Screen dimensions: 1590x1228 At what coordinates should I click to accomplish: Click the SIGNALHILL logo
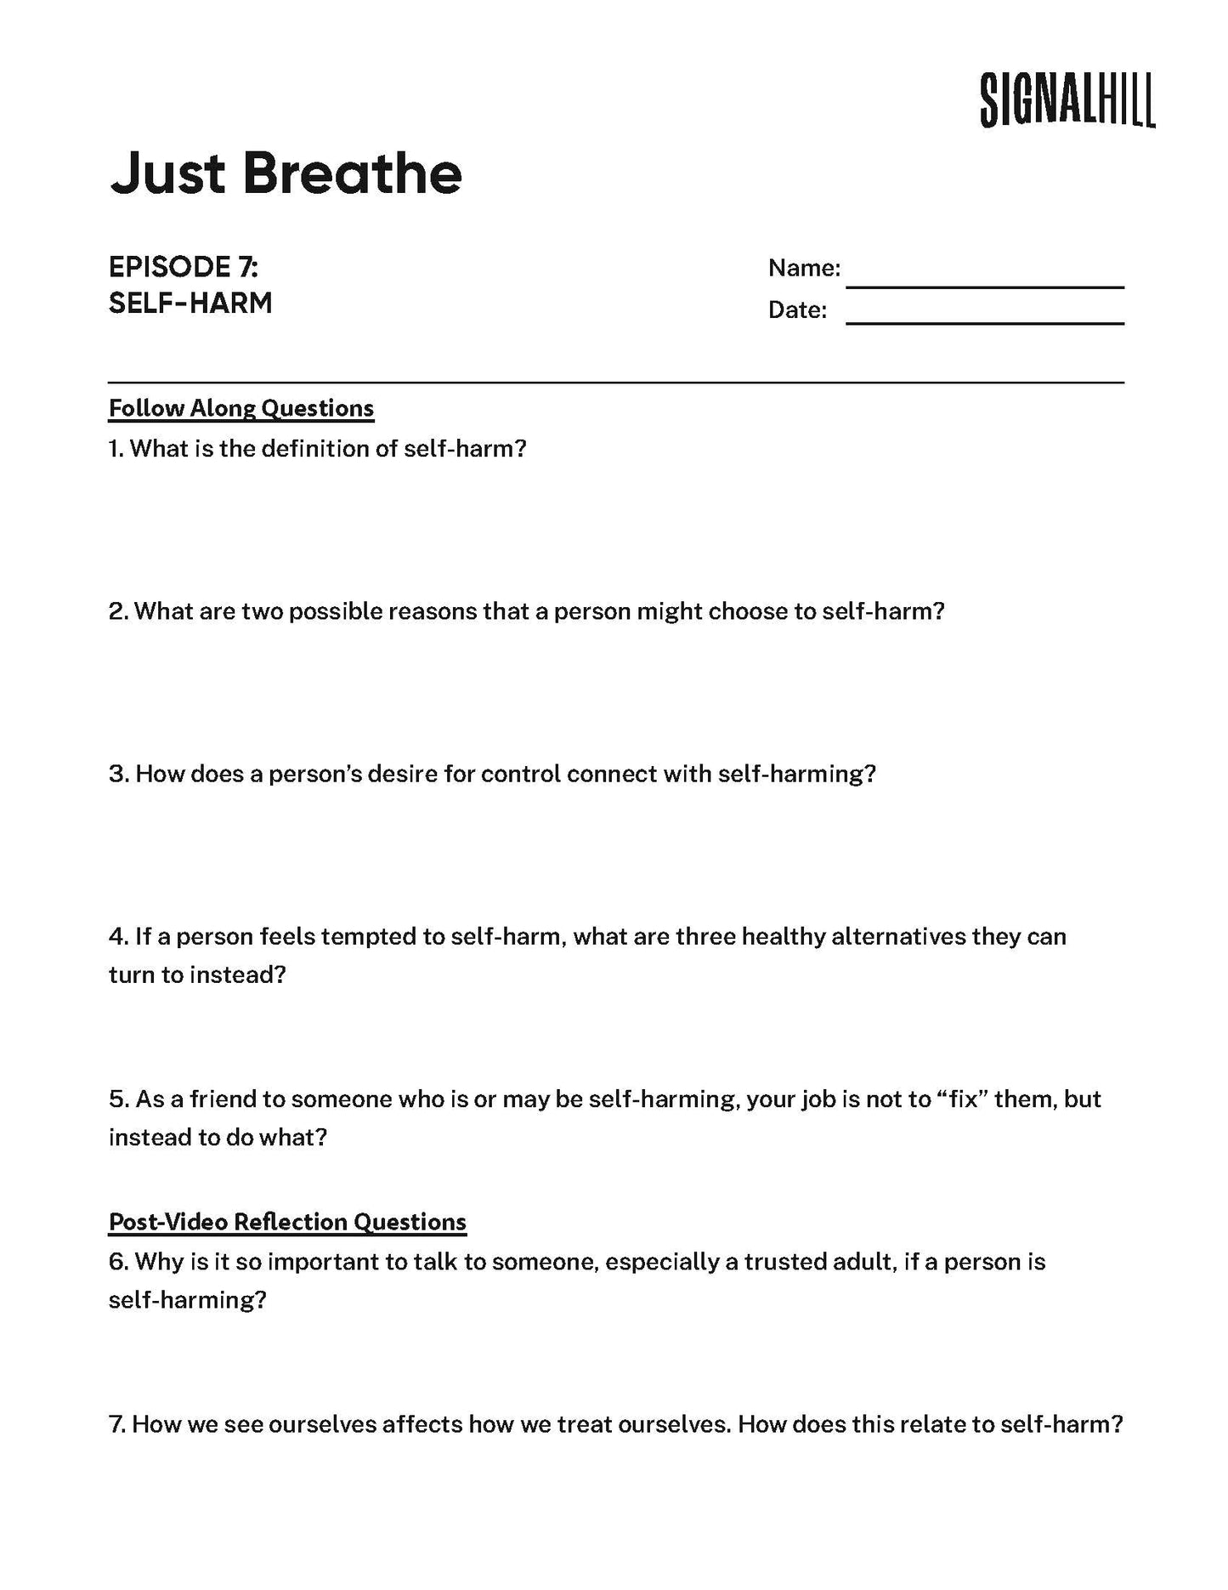point(1067,99)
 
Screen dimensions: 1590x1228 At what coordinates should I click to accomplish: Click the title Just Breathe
point(286,173)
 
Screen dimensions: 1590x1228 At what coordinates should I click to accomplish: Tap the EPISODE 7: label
point(184,267)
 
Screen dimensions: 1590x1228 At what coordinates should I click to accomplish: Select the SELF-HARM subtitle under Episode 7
point(190,303)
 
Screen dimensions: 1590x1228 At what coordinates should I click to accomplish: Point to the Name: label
point(804,269)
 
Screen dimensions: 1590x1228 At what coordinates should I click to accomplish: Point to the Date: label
point(797,310)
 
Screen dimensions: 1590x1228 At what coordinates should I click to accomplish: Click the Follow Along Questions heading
point(241,408)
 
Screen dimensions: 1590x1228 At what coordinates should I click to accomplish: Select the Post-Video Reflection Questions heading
point(287,1222)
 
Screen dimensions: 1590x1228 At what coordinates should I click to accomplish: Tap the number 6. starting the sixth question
point(118,1261)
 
